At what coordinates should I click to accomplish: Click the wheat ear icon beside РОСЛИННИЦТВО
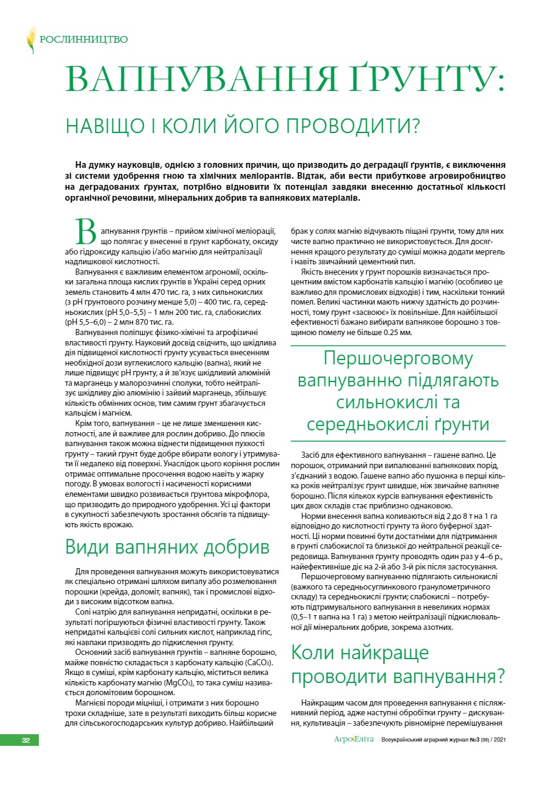click(30, 40)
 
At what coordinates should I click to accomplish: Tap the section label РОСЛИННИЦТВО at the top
click(84, 40)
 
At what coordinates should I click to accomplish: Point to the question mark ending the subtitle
click(415, 127)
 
